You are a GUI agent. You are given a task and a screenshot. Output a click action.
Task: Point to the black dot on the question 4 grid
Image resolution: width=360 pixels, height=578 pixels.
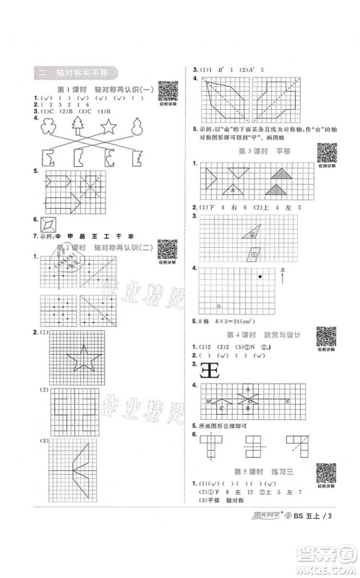pos(262,275)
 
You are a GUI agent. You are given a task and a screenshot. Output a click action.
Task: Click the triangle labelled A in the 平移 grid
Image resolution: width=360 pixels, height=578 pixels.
pos(233,189)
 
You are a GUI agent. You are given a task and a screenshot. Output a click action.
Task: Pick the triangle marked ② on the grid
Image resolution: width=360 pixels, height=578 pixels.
pos(253,231)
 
